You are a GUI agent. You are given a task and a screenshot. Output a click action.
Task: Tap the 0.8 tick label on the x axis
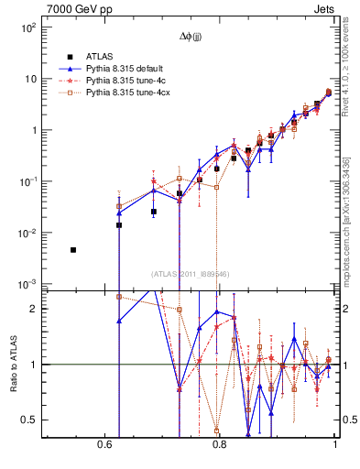(219, 443)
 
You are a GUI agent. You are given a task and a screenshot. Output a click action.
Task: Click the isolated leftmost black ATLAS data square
(73, 249)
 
